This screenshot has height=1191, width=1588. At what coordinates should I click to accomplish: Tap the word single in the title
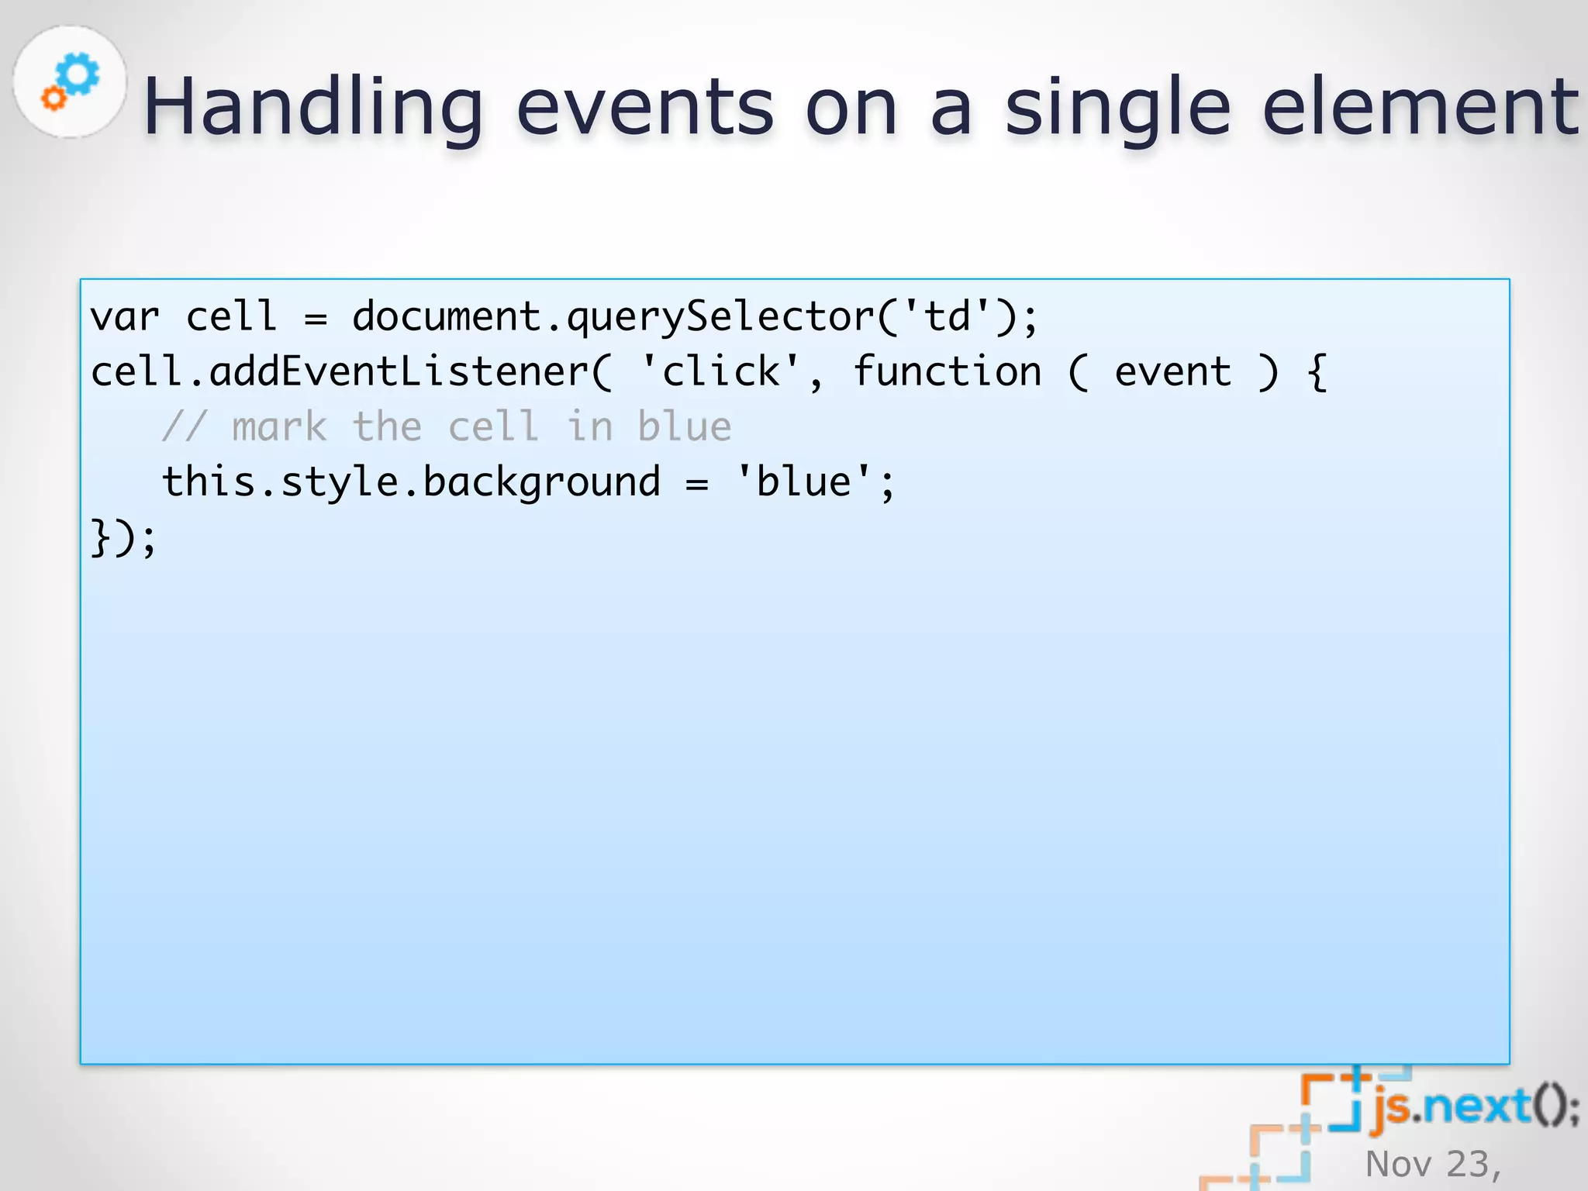click(1117, 109)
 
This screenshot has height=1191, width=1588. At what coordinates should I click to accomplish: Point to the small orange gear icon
click(54, 98)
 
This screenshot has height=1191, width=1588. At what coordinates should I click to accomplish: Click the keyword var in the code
click(125, 316)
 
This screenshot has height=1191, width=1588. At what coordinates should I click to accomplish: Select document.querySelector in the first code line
click(613, 316)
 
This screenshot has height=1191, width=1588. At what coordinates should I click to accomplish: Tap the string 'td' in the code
click(948, 316)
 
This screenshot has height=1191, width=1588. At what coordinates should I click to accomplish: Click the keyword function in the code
click(947, 371)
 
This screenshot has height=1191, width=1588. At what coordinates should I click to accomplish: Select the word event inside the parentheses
click(1172, 371)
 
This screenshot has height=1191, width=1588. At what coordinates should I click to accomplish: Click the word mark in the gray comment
click(279, 427)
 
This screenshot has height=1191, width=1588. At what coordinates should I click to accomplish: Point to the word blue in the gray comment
click(684, 426)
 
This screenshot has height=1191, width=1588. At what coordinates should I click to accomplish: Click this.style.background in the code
click(411, 482)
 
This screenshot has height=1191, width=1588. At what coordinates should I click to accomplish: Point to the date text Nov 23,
click(1433, 1164)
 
